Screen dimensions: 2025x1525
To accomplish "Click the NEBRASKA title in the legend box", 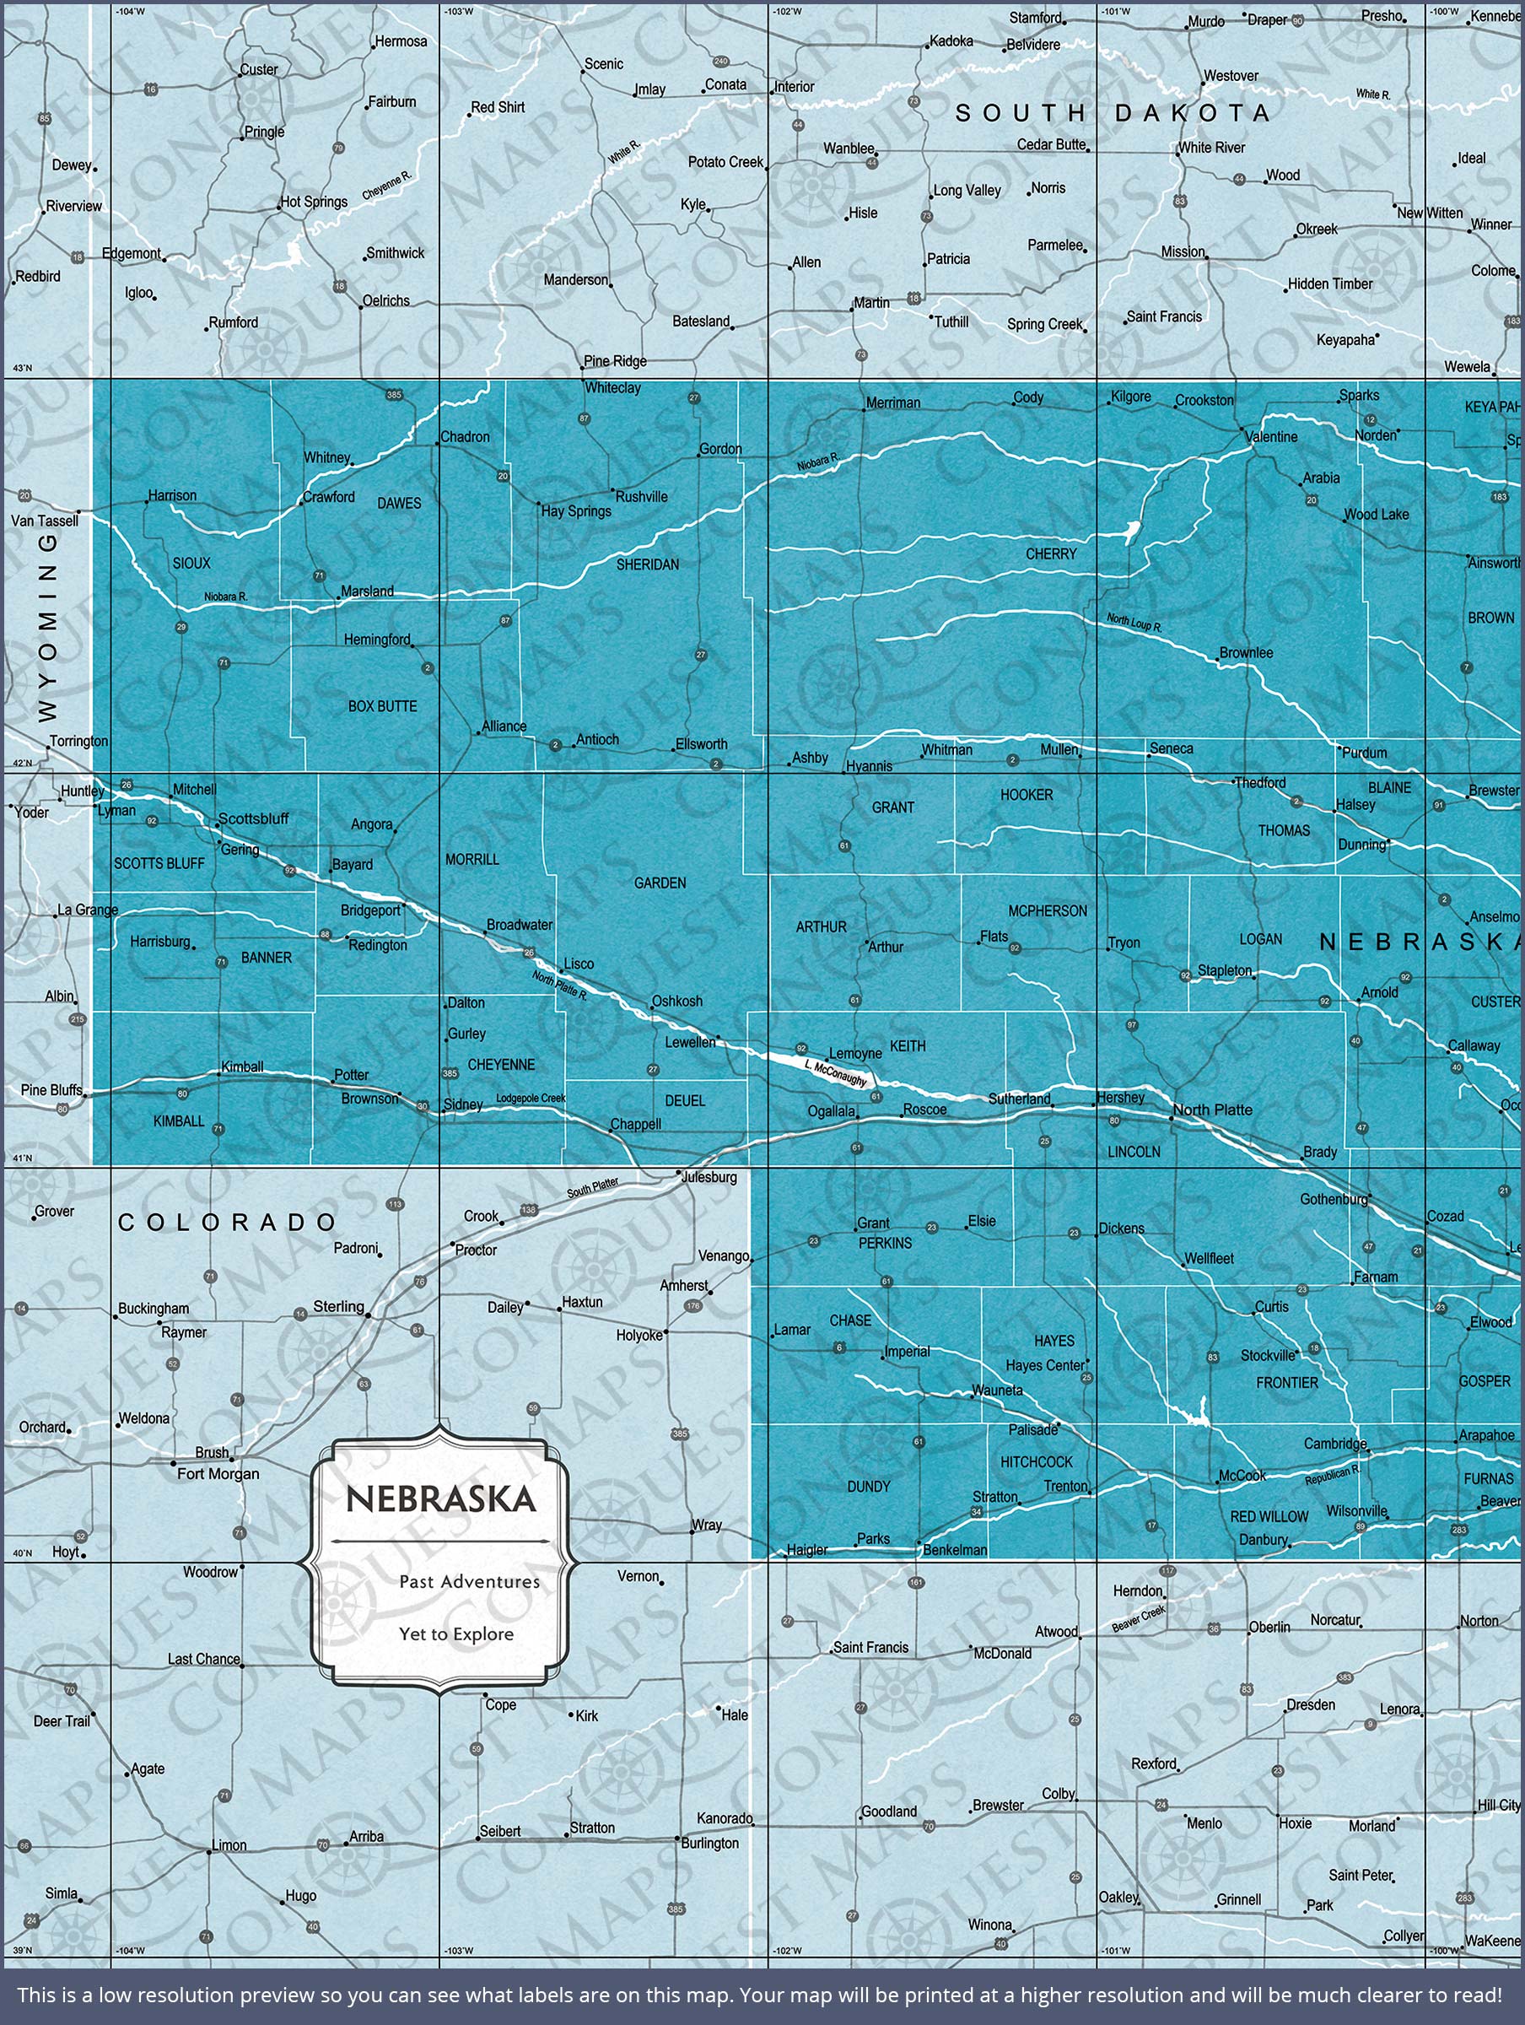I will (x=440, y=1498).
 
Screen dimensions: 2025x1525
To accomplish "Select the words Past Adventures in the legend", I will (x=469, y=1581).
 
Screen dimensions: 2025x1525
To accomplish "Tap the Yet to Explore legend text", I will (x=455, y=1633).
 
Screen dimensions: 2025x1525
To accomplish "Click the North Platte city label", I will (x=1212, y=1110).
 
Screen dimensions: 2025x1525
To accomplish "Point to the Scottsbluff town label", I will (x=253, y=818).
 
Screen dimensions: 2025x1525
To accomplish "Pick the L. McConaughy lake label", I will (x=836, y=1073).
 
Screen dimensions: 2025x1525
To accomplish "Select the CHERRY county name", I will (x=1051, y=553).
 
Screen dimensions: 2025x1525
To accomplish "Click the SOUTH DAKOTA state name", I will (x=1113, y=114).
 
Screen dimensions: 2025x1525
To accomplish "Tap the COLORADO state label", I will (x=228, y=1222).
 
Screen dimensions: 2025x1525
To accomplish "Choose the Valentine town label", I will (x=1271, y=437).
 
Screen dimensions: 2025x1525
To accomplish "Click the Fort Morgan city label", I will (x=218, y=1473).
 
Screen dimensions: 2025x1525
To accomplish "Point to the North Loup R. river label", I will (x=1134, y=624).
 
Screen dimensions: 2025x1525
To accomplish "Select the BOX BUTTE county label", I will (x=382, y=706).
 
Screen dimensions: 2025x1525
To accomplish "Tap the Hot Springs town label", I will (x=314, y=202).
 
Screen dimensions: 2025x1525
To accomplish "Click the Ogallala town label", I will (x=831, y=1111).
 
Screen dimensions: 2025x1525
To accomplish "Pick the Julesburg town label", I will (x=709, y=1176).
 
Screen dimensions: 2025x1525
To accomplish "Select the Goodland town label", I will (x=888, y=1811).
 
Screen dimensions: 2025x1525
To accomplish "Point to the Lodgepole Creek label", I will (x=531, y=1099).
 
